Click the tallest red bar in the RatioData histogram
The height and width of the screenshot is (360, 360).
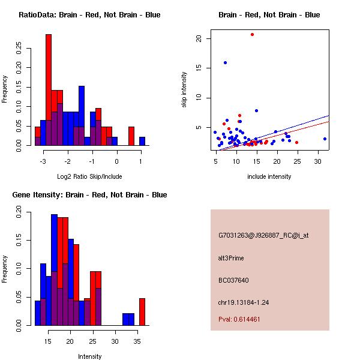pos(49,90)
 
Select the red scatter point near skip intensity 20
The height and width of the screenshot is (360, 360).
pos(253,34)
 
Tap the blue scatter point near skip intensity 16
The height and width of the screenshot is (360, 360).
pos(225,62)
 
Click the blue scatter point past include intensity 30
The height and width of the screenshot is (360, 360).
pos(325,139)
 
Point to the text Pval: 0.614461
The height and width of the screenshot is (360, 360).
pos(239,319)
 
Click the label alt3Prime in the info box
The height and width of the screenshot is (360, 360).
pos(231,258)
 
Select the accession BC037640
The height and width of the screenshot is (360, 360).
pos(233,280)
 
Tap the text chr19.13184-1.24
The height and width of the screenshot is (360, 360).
pos(244,302)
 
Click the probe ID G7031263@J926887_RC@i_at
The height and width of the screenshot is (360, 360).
pos(263,235)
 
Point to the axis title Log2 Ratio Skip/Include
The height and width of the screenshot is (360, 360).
pos(89,176)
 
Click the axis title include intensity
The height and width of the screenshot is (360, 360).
pos(269,176)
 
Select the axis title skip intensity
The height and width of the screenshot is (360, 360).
pos(184,90)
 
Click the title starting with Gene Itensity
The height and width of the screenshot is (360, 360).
pos(89,194)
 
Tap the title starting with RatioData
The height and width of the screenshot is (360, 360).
pos(89,14)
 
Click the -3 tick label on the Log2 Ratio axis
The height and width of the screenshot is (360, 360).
pos(43,161)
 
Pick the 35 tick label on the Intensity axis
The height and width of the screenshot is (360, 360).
pos(137,341)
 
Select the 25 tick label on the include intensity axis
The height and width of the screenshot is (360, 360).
pos(297,161)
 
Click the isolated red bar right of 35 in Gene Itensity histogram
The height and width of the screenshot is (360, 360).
pos(142,312)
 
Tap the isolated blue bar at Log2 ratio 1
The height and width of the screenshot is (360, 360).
pos(142,141)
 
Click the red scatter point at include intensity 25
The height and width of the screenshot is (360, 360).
pos(296,143)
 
